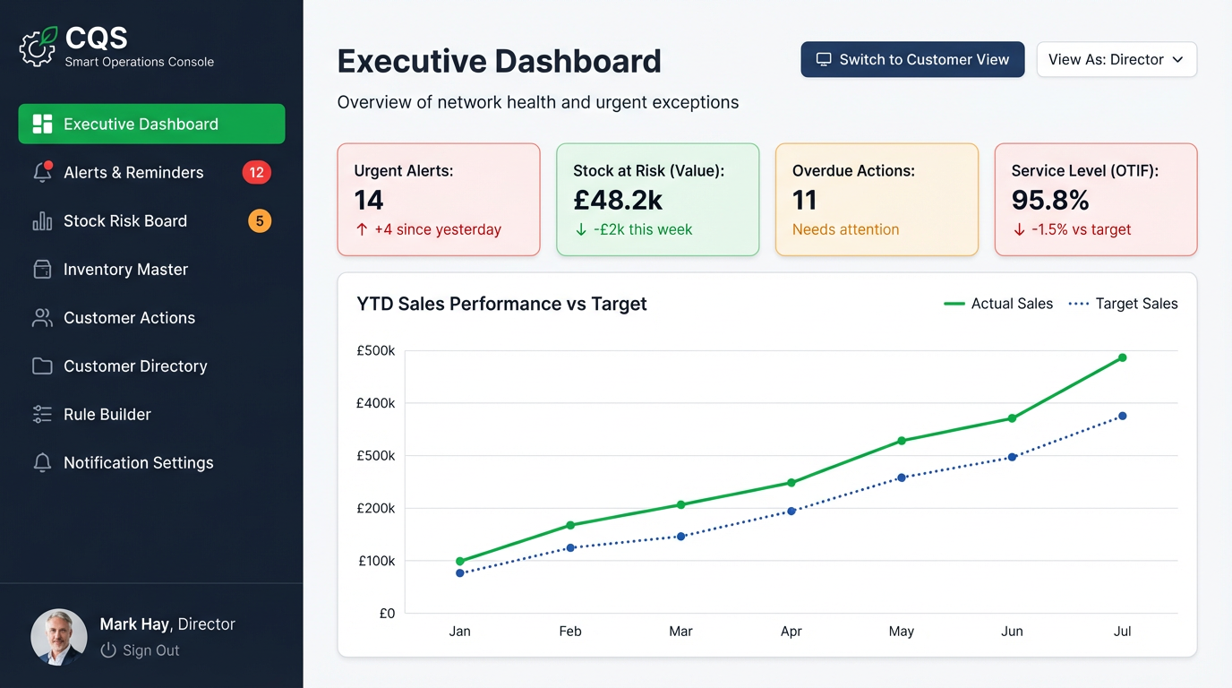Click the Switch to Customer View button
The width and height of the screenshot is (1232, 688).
point(912,60)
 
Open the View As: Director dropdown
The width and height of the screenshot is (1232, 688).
point(1116,60)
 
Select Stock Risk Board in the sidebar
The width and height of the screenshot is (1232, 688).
point(125,221)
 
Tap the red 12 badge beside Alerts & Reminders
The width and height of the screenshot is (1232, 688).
point(256,173)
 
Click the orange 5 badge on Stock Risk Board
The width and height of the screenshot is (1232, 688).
point(260,221)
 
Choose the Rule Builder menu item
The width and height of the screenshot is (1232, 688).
point(107,415)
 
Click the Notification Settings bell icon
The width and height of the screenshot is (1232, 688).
point(42,463)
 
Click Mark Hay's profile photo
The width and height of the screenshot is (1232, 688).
point(59,637)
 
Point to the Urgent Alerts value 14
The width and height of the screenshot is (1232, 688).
point(369,200)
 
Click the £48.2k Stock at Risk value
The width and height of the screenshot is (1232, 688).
point(618,200)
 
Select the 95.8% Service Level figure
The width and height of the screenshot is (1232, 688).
point(1050,200)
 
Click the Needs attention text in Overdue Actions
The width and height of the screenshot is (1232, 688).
point(845,230)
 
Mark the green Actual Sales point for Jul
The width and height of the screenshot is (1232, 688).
point(1122,357)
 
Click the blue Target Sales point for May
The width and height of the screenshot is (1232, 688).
point(902,477)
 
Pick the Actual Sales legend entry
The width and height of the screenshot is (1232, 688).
point(998,304)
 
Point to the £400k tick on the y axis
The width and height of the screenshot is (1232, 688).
point(377,403)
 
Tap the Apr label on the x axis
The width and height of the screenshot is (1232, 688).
point(791,632)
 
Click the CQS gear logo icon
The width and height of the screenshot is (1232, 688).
point(38,47)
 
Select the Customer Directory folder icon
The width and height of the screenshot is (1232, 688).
point(42,366)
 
